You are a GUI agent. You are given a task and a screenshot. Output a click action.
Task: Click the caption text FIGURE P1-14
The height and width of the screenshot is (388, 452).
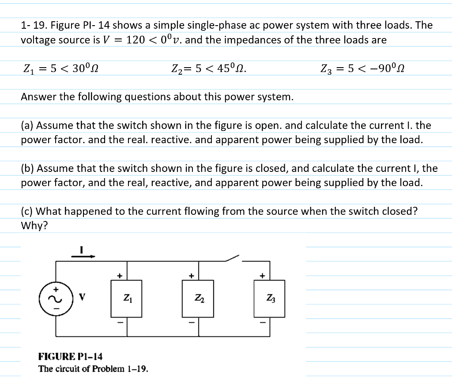[x=70, y=356]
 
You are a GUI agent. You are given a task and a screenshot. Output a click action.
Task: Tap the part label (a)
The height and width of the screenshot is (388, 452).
[x=27, y=126]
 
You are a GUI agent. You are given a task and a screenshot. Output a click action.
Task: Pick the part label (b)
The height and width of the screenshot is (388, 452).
[x=27, y=168]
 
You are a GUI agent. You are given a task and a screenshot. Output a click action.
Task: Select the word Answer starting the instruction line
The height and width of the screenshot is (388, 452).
[x=38, y=97]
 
